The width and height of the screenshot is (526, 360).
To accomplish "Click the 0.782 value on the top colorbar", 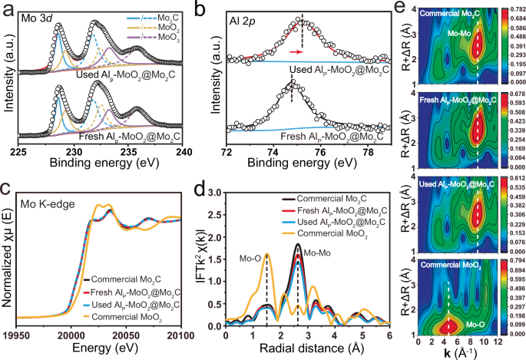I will click(x=510, y=7).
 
